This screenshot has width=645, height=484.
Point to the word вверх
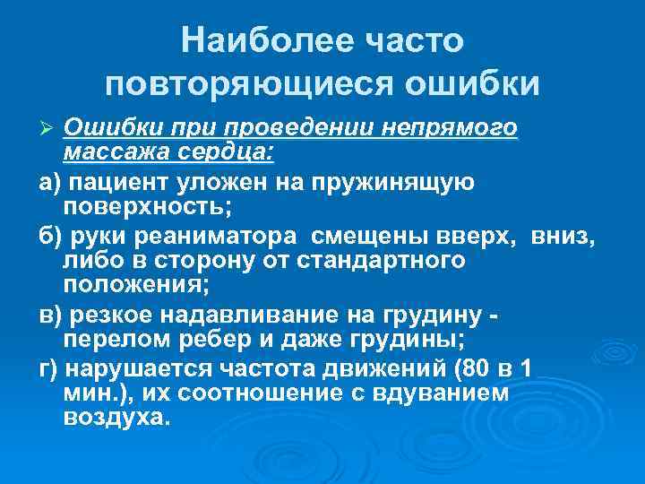(x=485, y=237)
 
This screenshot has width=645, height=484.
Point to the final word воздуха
(x=116, y=417)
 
